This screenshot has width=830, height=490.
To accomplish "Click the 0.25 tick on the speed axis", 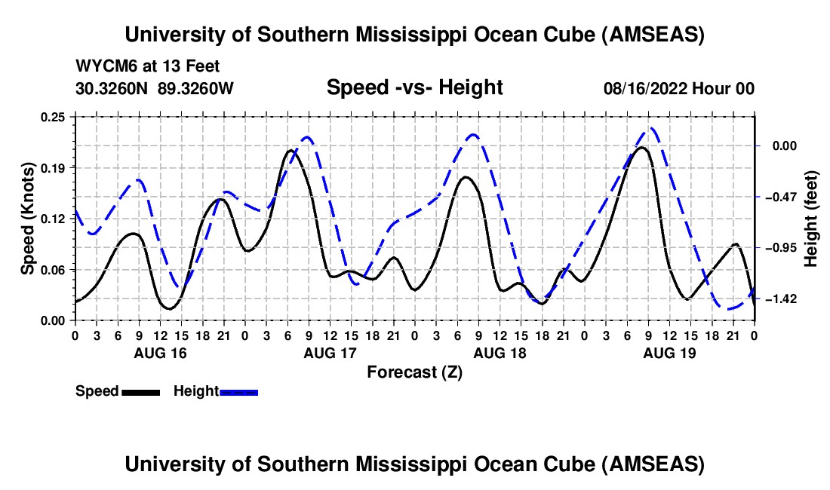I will (54, 117).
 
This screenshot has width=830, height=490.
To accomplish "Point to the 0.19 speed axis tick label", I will (54, 167).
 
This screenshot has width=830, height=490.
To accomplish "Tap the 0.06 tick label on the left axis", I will (54, 270).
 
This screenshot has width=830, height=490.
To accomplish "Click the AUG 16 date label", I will (160, 353).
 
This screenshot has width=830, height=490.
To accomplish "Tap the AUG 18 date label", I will (499, 353).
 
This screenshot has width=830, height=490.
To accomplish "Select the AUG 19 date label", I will (669, 353).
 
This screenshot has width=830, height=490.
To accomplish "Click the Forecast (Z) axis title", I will (414, 372).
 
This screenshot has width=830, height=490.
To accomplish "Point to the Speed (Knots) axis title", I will (28, 219).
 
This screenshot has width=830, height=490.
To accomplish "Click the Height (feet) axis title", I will (811, 219).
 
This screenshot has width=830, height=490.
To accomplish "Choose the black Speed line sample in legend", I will (140, 391).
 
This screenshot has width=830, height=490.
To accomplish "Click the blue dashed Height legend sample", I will (238, 391).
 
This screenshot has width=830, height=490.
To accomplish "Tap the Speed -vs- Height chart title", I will (414, 87).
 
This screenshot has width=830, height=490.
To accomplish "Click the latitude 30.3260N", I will (112, 88).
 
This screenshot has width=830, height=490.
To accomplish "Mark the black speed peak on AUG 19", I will (642, 148).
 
